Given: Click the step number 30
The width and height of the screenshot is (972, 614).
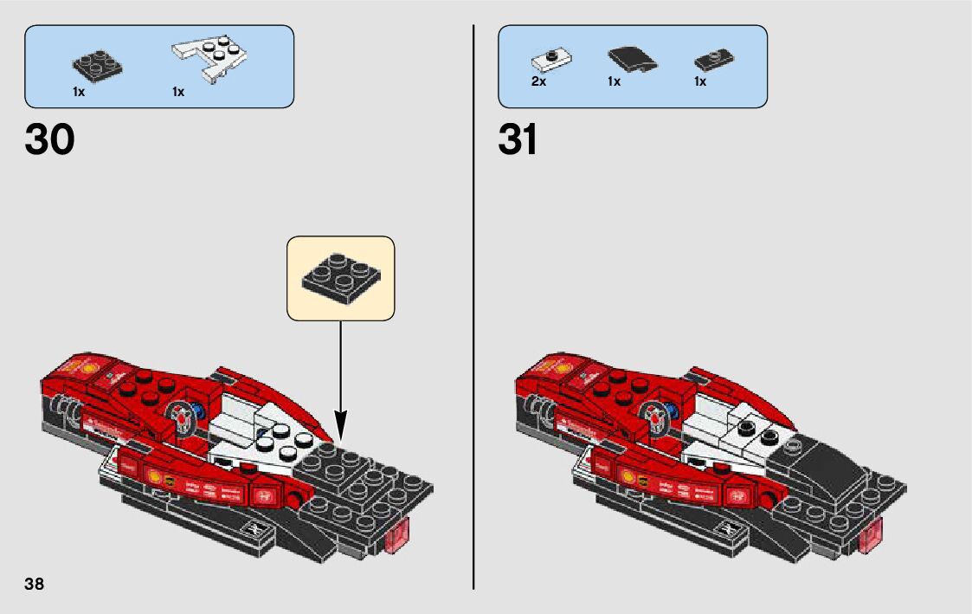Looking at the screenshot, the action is pyautogui.click(x=50, y=139).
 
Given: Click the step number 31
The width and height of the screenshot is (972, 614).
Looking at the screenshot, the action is pyautogui.click(x=518, y=139).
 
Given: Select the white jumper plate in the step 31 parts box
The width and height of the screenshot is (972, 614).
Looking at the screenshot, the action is pyautogui.click(x=549, y=61).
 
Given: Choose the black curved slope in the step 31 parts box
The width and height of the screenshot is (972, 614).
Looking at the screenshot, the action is pyautogui.click(x=631, y=60).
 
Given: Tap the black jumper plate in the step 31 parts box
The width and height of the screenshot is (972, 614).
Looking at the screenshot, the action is pyautogui.click(x=714, y=60).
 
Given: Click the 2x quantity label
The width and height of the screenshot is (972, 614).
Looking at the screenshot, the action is pyautogui.click(x=538, y=81).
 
